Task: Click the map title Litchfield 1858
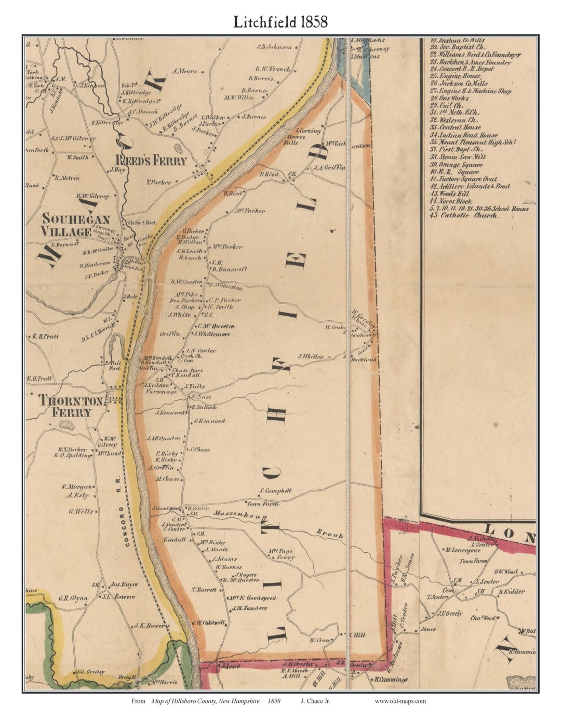point(280,22)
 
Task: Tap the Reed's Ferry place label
point(151,161)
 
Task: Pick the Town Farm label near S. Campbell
point(262,504)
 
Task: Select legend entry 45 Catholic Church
point(464,215)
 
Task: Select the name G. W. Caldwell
point(208,622)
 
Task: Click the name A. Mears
point(184,71)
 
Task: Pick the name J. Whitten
point(311,357)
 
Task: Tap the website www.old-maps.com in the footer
point(400,701)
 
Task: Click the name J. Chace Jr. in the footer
point(315,701)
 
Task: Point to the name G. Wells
point(81,512)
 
